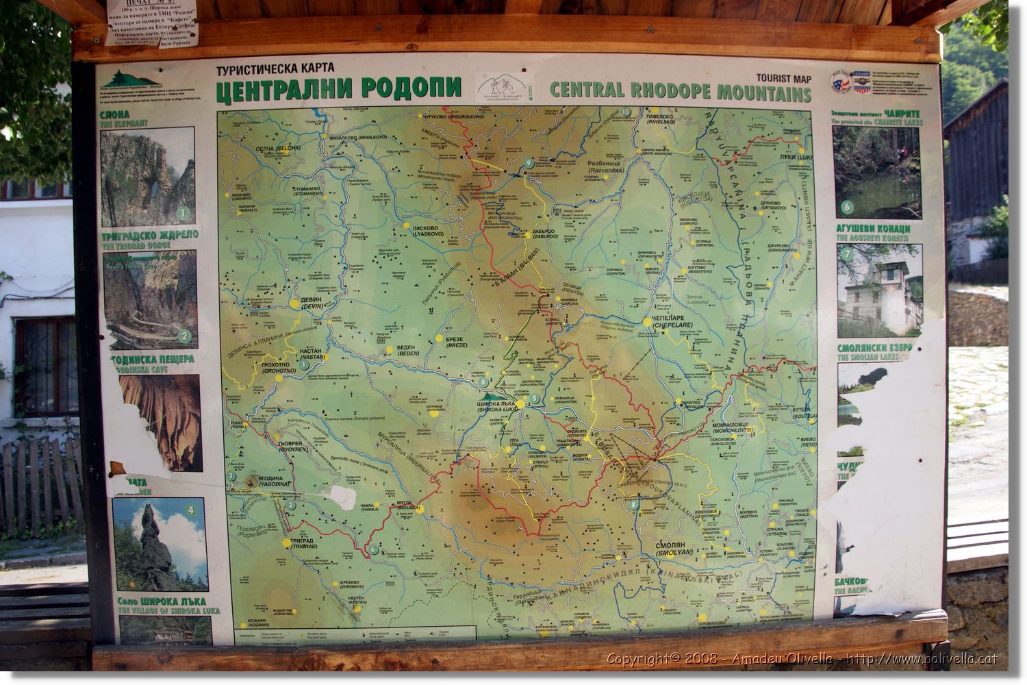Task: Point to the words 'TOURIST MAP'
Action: tap(784, 77)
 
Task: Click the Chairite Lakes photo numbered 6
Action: tap(876, 171)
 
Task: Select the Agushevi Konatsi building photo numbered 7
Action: tap(880, 290)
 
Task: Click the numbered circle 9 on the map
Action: tap(529, 163)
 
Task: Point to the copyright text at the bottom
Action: tap(801, 660)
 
